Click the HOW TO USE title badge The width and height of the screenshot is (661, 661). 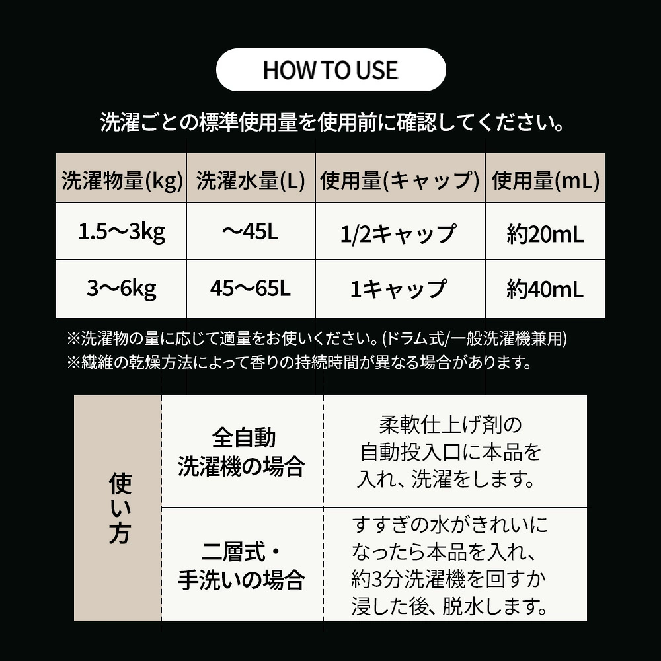[331, 69]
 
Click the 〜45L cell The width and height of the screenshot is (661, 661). [251, 231]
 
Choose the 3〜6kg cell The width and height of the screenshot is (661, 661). [122, 290]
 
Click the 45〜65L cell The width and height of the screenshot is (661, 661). [251, 288]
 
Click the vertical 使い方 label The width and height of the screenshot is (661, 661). [120, 508]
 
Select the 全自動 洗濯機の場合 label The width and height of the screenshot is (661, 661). [241, 452]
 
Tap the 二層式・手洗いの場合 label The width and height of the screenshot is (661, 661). [241, 566]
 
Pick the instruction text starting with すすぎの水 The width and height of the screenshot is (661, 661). [449, 566]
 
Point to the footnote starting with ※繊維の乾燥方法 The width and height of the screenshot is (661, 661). [299, 362]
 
